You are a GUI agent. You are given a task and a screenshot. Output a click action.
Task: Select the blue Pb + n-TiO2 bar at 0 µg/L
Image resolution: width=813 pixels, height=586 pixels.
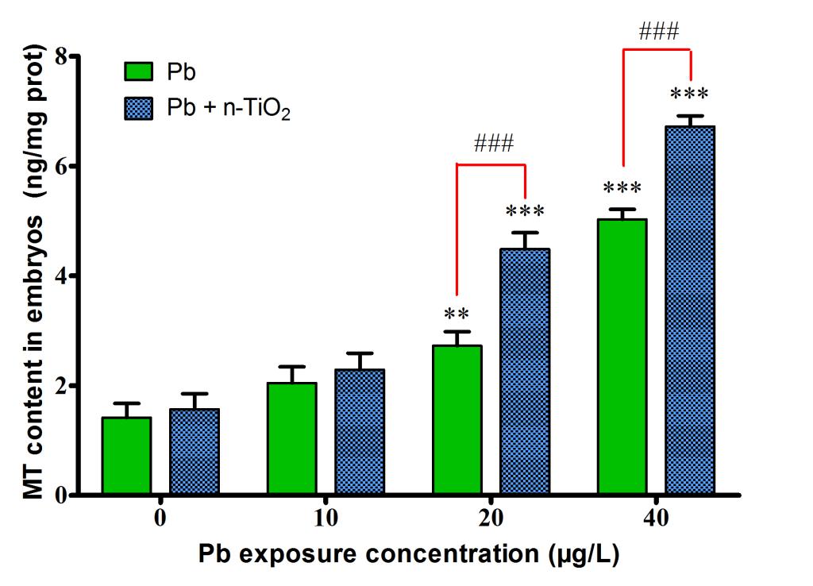(x=195, y=452)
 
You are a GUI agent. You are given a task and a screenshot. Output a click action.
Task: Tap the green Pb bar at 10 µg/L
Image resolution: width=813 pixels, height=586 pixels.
(x=291, y=438)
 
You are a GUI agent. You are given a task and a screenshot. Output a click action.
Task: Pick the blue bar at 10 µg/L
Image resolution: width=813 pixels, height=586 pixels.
(x=360, y=432)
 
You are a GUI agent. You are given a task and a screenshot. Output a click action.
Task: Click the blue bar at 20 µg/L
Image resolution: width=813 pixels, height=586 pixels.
(x=525, y=372)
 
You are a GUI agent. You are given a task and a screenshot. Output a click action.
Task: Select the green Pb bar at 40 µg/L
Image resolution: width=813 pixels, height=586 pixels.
(x=622, y=357)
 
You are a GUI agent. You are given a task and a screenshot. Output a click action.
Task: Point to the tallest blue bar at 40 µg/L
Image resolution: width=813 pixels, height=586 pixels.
(x=690, y=310)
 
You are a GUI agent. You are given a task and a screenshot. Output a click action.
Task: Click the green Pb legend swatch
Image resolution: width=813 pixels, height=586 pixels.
(x=139, y=71)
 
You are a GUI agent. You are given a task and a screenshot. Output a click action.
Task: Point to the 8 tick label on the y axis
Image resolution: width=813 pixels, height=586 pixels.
(x=60, y=57)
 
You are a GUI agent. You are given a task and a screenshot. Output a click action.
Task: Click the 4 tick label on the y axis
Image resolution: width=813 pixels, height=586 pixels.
(x=60, y=276)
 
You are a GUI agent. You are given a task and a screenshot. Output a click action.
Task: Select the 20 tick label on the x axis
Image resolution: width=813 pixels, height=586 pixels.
(x=491, y=519)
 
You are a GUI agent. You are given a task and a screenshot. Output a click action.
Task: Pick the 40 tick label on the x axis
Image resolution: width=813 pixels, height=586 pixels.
(x=656, y=519)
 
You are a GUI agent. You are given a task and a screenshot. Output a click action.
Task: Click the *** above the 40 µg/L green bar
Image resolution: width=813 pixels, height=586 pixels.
(x=622, y=189)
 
